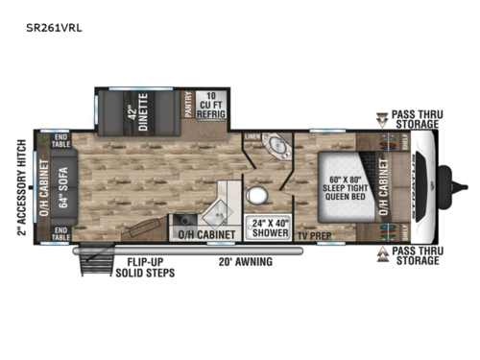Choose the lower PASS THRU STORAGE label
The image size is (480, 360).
click(x=414, y=255)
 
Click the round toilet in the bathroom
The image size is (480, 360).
click(x=256, y=195)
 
